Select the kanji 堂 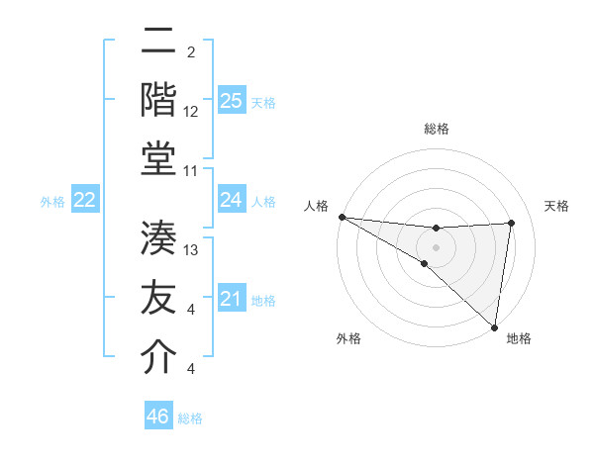[x=158, y=159]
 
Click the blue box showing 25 [x=231, y=101]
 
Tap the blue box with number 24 [x=231, y=200]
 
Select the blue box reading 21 [x=231, y=299]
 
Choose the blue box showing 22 [x=84, y=200]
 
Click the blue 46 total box [x=157, y=417]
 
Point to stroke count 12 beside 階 [x=191, y=113]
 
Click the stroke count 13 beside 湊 [x=191, y=250]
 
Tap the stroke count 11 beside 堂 [x=191, y=171]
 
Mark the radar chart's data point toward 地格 [x=493, y=326]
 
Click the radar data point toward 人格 [x=342, y=217]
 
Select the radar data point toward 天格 [x=512, y=223]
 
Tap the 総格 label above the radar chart [x=436, y=130]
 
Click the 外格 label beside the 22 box [x=52, y=202]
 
